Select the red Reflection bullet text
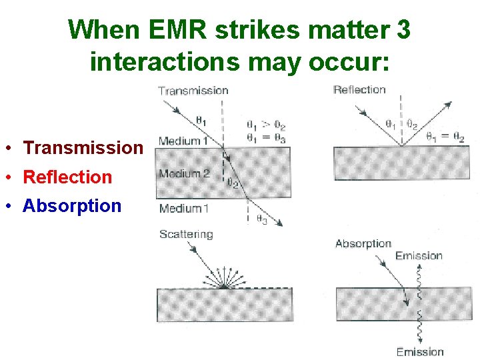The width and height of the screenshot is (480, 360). pos(67,177)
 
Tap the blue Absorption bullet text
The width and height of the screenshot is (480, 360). pos(72,206)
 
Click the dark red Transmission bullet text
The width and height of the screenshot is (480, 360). pos(83,148)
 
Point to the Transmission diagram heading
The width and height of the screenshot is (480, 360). pos(193,91)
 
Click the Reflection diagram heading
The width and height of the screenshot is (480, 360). pos(359,90)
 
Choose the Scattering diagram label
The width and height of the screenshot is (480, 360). pos(186,234)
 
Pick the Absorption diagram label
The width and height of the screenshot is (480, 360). pos(363,243)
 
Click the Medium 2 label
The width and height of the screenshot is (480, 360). pos(184,174)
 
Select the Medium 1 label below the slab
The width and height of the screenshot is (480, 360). pos(184,208)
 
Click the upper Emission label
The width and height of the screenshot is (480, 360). pos(418,255)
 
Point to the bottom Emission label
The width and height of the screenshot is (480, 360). pos(419,351)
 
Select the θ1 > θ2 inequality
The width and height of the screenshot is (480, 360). pos(265,125)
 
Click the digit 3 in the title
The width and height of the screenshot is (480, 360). pos(403,29)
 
